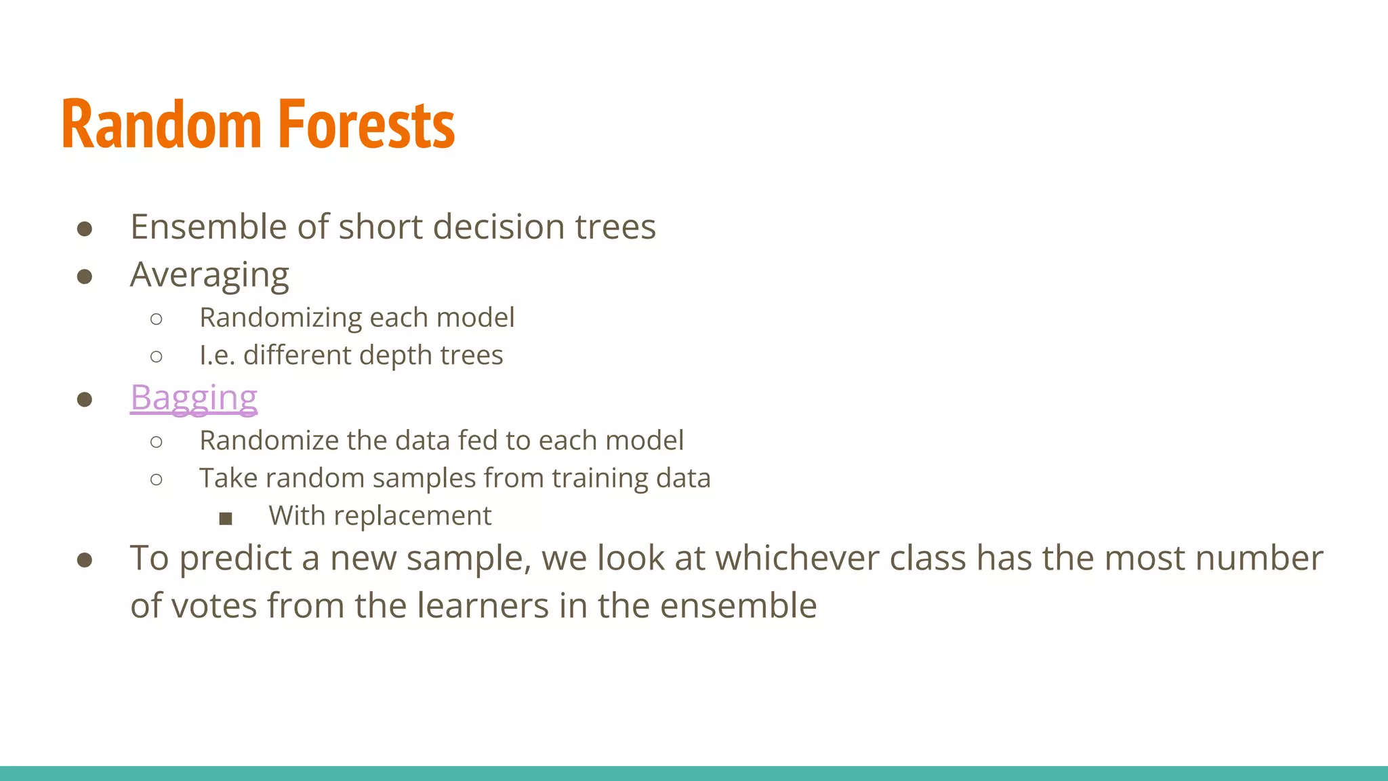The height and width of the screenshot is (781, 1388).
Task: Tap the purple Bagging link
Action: pos(194,398)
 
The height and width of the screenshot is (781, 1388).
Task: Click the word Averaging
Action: pos(209,275)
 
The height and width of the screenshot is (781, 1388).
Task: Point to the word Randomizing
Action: pos(281,318)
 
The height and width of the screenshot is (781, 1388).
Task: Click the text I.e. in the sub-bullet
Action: pos(217,355)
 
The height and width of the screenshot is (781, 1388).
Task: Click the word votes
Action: pos(213,605)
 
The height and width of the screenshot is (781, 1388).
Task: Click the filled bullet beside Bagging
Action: pos(85,399)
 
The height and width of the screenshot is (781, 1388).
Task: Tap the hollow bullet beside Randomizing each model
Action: pos(157,319)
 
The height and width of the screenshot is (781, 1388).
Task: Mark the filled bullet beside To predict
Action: pos(85,560)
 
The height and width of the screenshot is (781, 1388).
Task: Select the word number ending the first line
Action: pos(1258,559)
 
